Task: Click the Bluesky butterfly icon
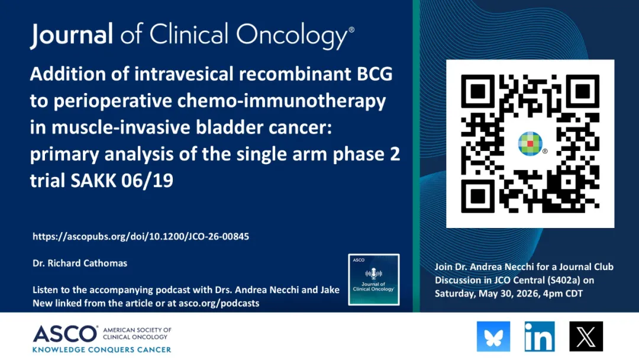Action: (493, 336)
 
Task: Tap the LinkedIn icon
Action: (540, 336)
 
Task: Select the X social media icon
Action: (586, 336)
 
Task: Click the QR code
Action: (530, 143)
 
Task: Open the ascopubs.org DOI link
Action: (141, 236)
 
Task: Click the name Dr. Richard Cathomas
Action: (80, 263)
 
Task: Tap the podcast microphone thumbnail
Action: (374, 279)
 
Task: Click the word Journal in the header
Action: (72, 35)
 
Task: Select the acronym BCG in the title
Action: (375, 74)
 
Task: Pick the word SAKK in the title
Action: (93, 181)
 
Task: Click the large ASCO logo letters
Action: (65, 334)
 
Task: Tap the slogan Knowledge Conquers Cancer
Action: (102, 350)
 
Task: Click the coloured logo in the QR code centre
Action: (530, 143)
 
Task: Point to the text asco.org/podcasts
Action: (219, 303)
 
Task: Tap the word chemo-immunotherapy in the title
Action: (281, 101)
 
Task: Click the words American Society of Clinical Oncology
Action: (137, 333)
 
